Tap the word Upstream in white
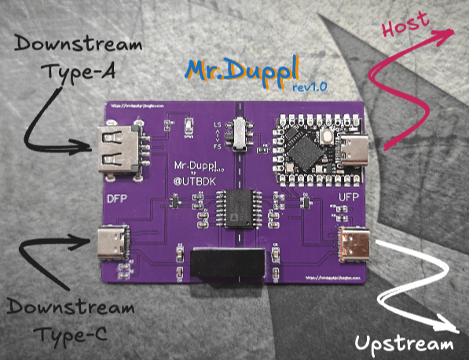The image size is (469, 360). (x=405, y=344)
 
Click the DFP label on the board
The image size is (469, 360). (x=117, y=200)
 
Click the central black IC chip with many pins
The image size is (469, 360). (x=233, y=210)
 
